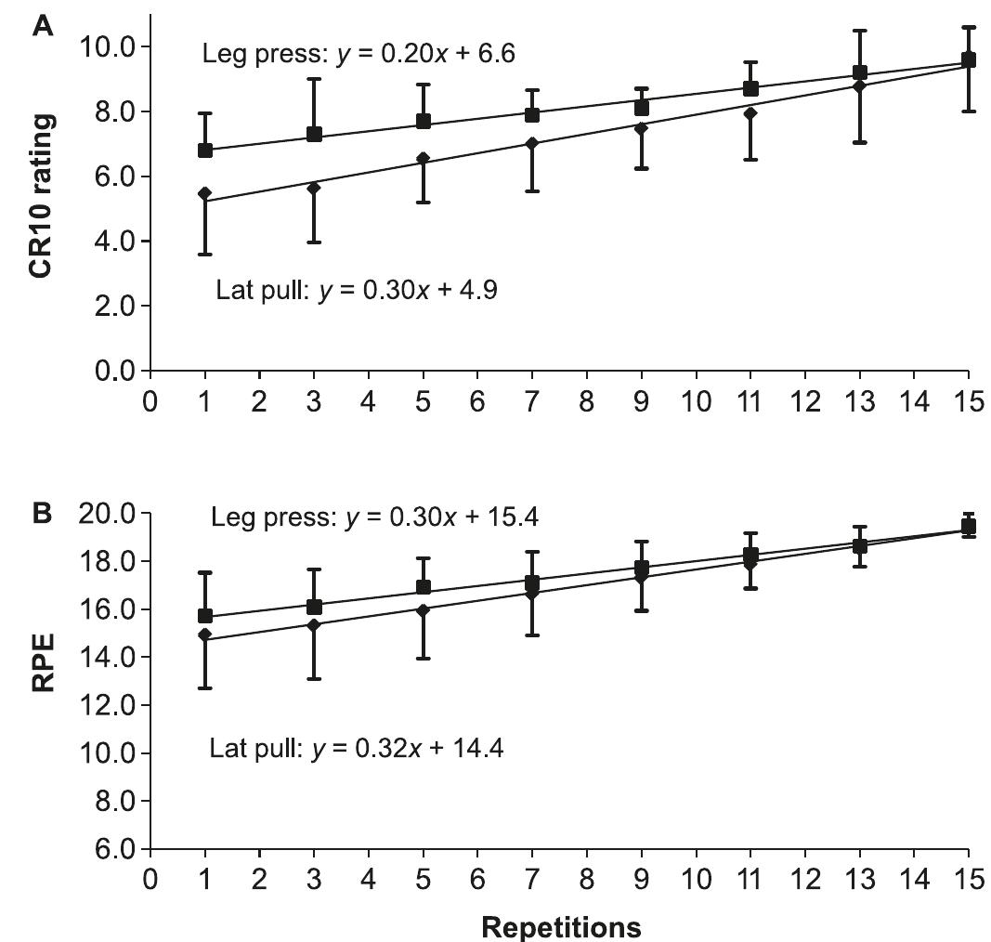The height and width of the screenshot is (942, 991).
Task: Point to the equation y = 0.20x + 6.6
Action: tap(359, 54)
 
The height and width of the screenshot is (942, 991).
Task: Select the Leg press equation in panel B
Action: tap(375, 517)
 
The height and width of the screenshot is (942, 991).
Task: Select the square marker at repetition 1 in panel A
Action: tap(205, 150)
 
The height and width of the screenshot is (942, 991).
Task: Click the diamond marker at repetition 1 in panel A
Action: tap(205, 193)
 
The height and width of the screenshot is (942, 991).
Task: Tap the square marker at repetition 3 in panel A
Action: tap(314, 135)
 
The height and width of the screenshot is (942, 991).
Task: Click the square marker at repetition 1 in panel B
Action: tap(205, 616)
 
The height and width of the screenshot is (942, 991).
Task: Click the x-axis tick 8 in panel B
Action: tap(586, 878)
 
